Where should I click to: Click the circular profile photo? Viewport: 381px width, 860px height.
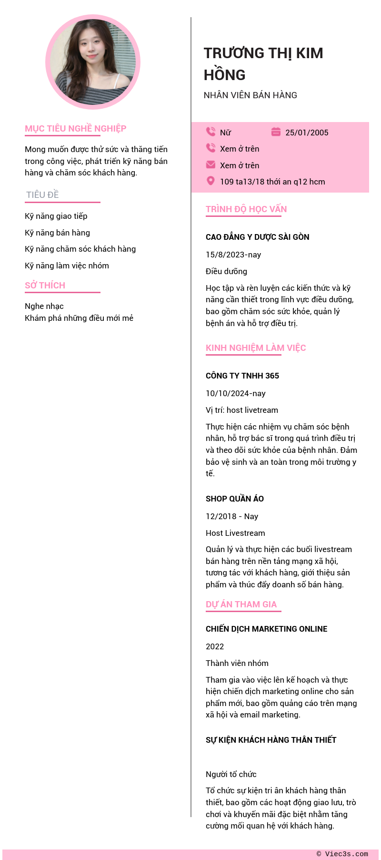[93, 62]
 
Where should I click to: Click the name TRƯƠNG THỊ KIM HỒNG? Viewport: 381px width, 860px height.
[263, 64]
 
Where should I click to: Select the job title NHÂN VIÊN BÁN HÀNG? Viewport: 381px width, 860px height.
[251, 95]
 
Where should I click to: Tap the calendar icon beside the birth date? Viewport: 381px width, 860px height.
[276, 132]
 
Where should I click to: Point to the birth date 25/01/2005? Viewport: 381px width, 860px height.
[307, 133]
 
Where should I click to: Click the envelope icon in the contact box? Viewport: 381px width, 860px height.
[211, 164]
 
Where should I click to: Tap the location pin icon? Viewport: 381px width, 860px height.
[211, 181]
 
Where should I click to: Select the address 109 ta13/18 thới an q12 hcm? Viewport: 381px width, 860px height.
[272, 182]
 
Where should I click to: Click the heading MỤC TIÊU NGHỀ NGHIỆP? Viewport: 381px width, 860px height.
[76, 129]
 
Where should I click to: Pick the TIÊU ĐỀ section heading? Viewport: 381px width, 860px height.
[43, 195]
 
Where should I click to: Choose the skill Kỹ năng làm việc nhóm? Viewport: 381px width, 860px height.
[67, 266]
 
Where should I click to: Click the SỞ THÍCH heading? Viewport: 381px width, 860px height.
[45, 286]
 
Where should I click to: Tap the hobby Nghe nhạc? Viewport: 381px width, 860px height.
[44, 306]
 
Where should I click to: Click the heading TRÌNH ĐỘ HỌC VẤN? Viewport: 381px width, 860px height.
[246, 209]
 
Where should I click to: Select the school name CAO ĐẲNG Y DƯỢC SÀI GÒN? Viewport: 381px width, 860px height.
[258, 237]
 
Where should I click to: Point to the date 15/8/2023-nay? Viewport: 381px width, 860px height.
[233, 255]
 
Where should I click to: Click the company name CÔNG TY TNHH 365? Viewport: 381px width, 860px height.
[242, 376]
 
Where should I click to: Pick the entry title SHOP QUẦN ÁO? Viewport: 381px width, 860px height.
[235, 499]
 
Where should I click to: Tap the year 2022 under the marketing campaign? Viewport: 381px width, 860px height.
[215, 646]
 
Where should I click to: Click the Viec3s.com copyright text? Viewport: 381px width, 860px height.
[342, 854]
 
